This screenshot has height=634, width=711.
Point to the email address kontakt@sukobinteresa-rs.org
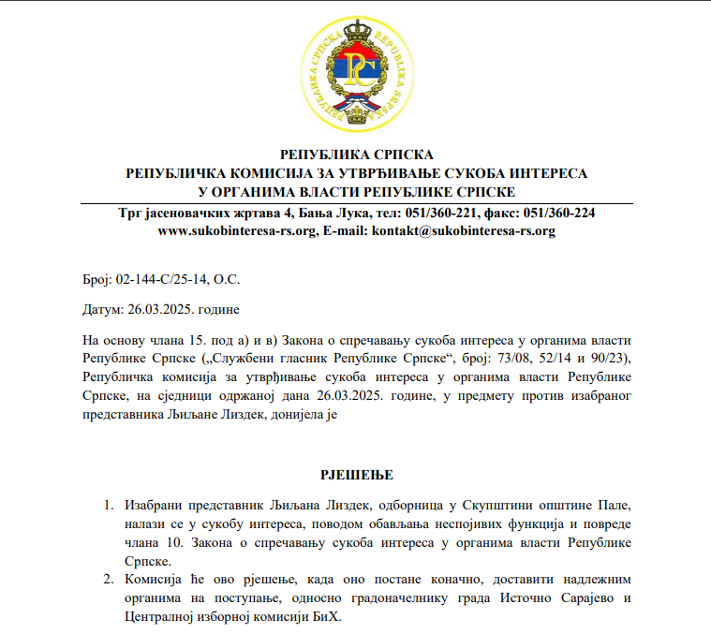[464, 230]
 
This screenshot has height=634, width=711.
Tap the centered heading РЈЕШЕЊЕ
[357, 475]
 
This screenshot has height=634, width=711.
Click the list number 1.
[108, 507]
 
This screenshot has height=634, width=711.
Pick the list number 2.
[108, 578]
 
